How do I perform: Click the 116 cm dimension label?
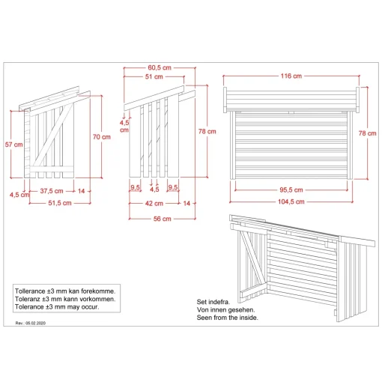point(291,76)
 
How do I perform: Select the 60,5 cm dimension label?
point(160,67)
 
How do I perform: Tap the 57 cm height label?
point(13,145)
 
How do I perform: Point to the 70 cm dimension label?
point(102,137)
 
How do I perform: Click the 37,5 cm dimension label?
point(52,191)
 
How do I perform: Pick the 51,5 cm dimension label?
point(60,203)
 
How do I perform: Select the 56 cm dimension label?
point(163,219)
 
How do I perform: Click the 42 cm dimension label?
point(154,204)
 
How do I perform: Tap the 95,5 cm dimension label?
point(291,190)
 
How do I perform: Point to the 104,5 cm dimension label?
point(291,201)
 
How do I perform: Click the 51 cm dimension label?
point(154,76)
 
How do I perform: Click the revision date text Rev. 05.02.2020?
point(31,323)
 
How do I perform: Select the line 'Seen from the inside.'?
point(227,318)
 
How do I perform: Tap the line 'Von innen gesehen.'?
point(225,310)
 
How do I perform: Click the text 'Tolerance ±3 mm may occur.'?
point(57,307)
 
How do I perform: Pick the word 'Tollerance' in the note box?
point(30,291)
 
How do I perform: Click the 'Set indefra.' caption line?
point(213,302)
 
